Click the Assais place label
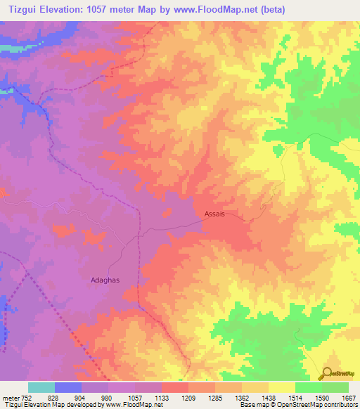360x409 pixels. (x=214, y=214)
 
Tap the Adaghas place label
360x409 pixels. (x=105, y=280)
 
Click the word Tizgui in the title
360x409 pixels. (x=20, y=9)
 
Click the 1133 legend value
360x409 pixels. (x=161, y=398)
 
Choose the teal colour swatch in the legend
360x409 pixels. (x=41, y=387)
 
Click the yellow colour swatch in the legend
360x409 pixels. (x=282, y=387)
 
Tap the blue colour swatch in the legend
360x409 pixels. (x=68, y=387)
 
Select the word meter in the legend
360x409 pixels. (x=9, y=398)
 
